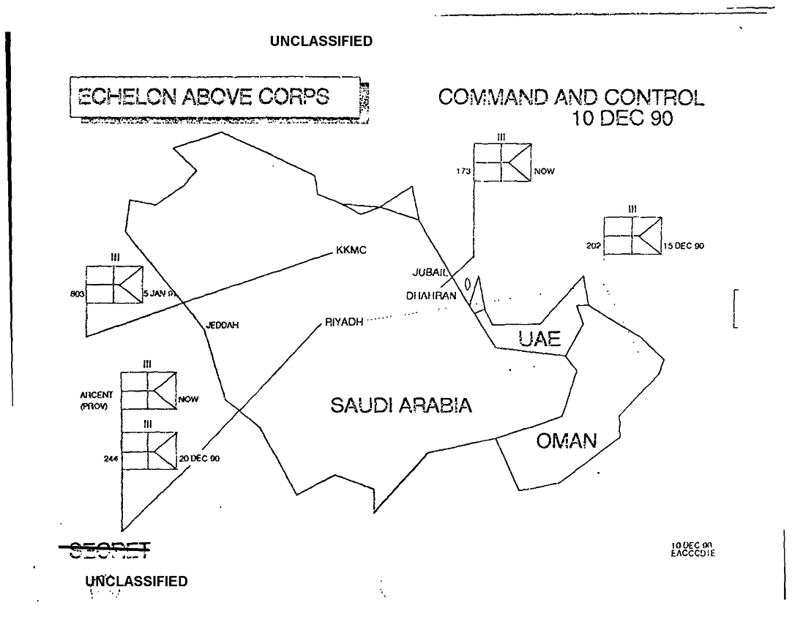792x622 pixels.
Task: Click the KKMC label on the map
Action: click(351, 251)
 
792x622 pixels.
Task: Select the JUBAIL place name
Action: click(430, 272)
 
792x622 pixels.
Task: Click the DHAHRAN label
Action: click(431, 296)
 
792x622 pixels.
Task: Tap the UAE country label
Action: click(539, 338)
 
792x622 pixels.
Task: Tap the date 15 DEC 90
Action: click(684, 247)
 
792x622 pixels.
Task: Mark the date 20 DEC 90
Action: click(200, 459)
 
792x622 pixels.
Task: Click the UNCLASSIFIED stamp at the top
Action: click(321, 41)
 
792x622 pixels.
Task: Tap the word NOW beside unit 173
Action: click(546, 172)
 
